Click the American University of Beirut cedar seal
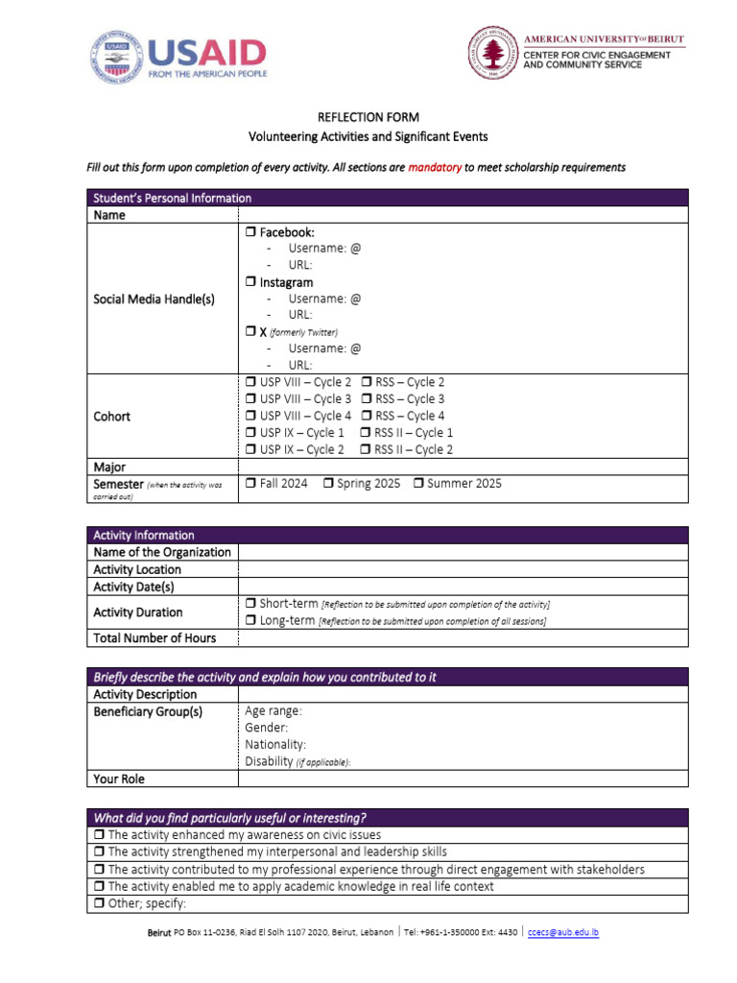coord(493,52)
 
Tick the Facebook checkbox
coord(250,232)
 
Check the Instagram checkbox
coord(250,282)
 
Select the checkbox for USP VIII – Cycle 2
coord(250,382)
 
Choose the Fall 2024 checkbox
coord(250,484)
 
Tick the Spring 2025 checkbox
coord(328,484)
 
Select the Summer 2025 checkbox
coord(418,484)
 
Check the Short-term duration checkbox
coord(250,604)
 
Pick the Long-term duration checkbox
coord(250,621)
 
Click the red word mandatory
coord(435,167)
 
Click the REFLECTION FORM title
coord(368,117)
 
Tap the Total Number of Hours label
coord(155,638)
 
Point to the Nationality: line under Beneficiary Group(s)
coord(276,744)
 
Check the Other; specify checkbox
coord(99,903)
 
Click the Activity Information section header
coord(144,535)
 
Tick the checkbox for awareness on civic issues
coord(99,835)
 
